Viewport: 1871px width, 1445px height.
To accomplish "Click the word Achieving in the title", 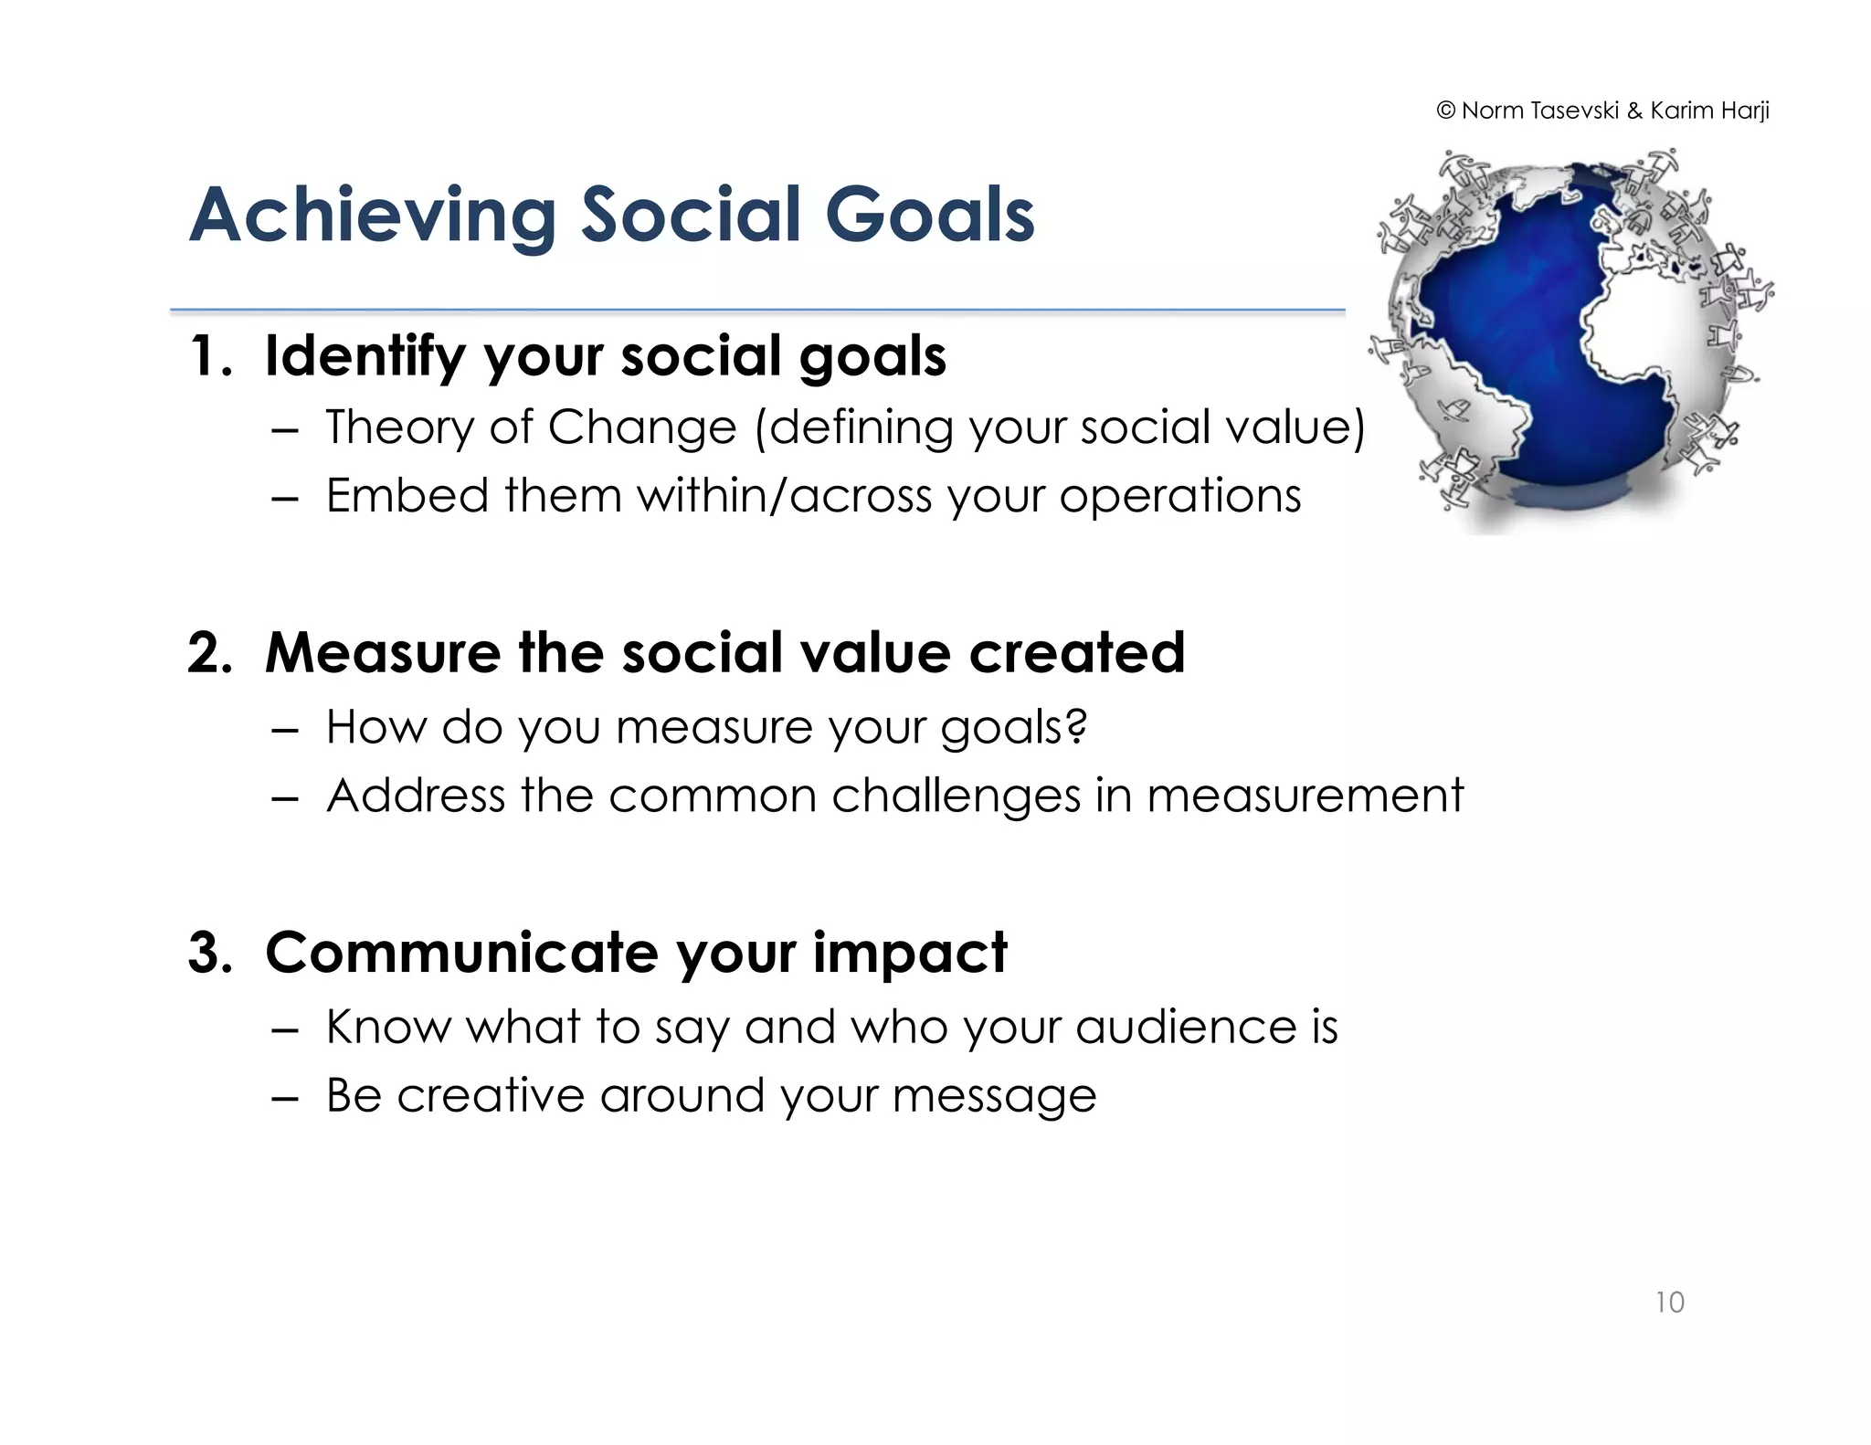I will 372,216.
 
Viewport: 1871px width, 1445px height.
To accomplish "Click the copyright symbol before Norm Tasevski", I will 1445,111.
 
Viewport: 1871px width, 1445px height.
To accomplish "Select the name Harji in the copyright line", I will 1745,111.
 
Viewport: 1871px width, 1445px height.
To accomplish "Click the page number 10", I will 1669,1302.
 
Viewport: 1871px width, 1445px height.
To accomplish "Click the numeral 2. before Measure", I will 211,654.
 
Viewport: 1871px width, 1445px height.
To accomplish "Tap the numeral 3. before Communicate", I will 211,953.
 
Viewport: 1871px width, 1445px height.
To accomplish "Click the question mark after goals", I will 1077,726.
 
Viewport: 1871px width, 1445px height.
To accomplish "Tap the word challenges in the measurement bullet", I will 956,796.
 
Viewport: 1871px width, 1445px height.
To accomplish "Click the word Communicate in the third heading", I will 461,953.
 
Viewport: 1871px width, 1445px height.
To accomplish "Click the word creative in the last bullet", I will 490,1095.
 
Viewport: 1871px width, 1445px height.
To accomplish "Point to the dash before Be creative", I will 285,1097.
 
